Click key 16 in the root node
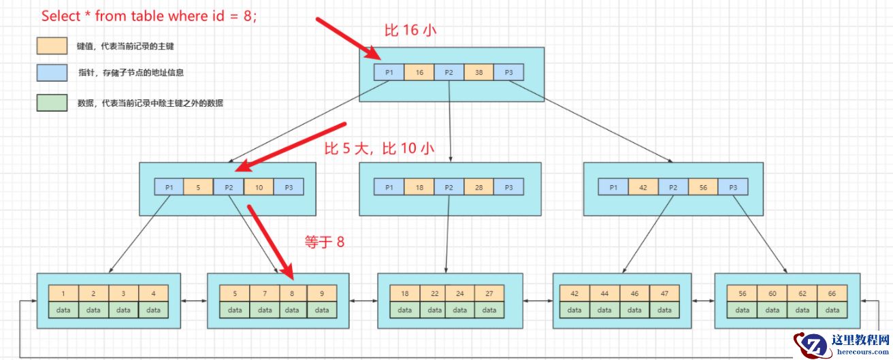pyautogui.click(x=419, y=72)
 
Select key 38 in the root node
pyautogui.click(x=478, y=72)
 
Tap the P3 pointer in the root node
pyautogui.click(x=508, y=72)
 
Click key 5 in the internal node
pyautogui.click(x=198, y=187)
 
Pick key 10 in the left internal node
pyautogui.click(x=259, y=187)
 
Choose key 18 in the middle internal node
pyautogui.click(x=419, y=187)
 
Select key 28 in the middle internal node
pyautogui.click(x=478, y=187)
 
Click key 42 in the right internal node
pyautogui.click(x=643, y=187)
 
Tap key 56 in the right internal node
pyautogui.click(x=703, y=187)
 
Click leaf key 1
pyautogui.click(x=63, y=293)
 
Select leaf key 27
pyautogui.click(x=489, y=293)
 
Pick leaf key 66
pyautogui.click(x=832, y=293)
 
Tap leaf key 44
pyautogui.click(x=604, y=293)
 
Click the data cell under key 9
pyautogui.click(x=321, y=310)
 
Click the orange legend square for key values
pyautogui.click(x=52, y=46)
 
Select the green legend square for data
pyautogui.click(x=52, y=103)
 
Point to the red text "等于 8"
pyautogui.click(x=324, y=241)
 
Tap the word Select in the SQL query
pyautogui.click(x=61, y=16)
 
